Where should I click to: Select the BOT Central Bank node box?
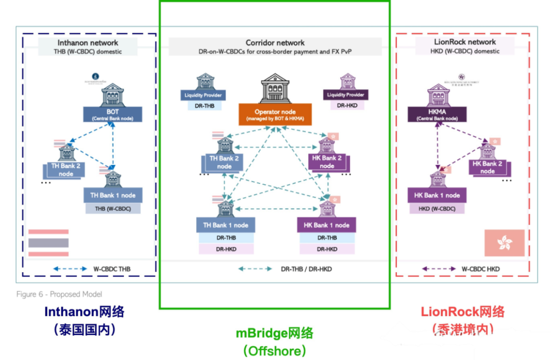pos(112,114)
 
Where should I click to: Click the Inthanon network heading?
pos(88,43)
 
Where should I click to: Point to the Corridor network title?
pos(275,43)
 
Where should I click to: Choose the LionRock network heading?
pos(465,42)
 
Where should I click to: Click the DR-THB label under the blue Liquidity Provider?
pos(203,105)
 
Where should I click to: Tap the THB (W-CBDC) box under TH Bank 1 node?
pos(113,208)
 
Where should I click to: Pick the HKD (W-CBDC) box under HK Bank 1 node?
pos(437,208)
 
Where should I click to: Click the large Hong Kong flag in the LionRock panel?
pos(504,243)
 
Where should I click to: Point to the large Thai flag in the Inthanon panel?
pos(48,243)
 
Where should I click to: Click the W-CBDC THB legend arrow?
pos(70,269)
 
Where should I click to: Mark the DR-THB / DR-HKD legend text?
pos(306,269)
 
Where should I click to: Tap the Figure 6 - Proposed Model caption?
pos(59,294)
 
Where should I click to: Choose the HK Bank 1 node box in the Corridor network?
pos(327,225)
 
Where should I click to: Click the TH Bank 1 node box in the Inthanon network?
pos(113,196)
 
